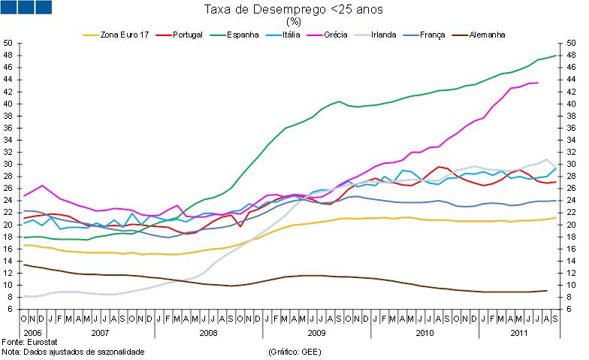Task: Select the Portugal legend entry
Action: pyautogui.click(x=187, y=35)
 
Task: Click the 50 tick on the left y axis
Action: pyautogui.click(x=9, y=43)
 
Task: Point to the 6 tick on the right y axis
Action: pyautogui.click(x=569, y=309)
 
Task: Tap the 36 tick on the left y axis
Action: pyautogui.click(x=9, y=128)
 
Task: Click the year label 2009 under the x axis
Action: pyautogui.click(x=316, y=331)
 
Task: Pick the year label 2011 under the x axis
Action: pyautogui.click(x=518, y=331)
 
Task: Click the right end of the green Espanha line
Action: pyautogui.click(x=556, y=55)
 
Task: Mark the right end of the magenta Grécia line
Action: pyautogui.click(x=537, y=83)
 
